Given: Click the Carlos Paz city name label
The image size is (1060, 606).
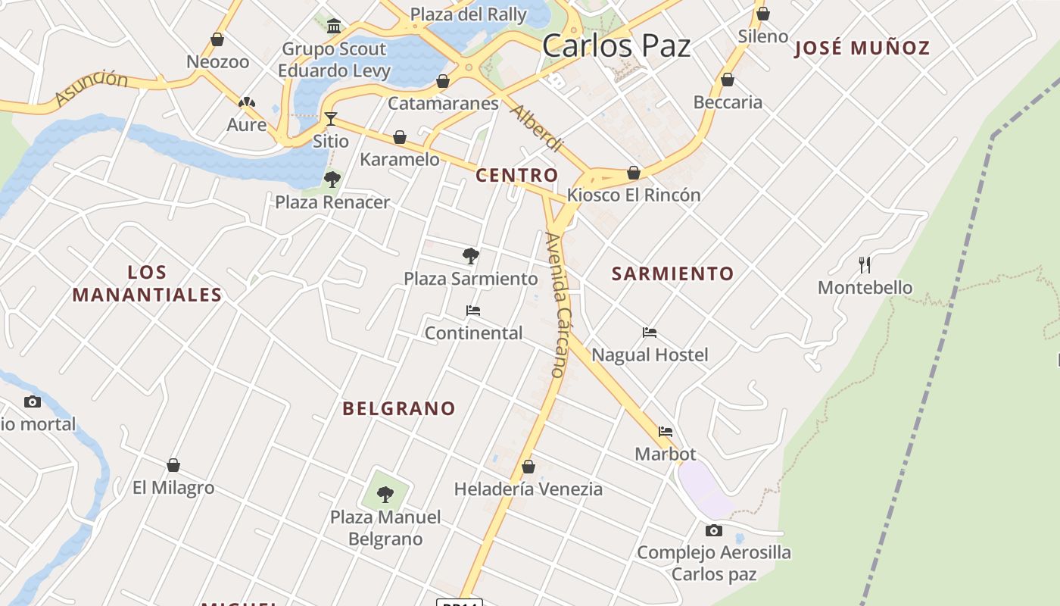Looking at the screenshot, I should [x=616, y=45].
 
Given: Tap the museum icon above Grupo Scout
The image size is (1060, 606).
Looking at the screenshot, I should [x=334, y=27].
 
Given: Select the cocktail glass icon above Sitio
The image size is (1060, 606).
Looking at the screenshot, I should [x=331, y=118].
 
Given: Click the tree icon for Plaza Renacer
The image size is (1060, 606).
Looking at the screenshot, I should [x=332, y=180].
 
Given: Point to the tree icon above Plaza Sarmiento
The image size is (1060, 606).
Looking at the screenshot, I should [x=471, y=256].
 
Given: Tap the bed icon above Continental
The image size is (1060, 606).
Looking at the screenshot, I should [x=473, y=311].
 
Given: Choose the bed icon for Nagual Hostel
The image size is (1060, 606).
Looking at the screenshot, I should [x=650, y=333].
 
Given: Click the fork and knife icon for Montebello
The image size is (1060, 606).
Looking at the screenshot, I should [x=865, y=264].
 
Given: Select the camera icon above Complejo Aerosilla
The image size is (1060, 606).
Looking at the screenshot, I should [x=714, y=530].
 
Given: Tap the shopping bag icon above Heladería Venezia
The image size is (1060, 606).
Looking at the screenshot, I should [x=528, y=467].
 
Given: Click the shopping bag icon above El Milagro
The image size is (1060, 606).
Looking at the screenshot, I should [x=173, y=465].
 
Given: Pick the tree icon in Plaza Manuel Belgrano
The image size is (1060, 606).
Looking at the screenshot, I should [x=385, y=495].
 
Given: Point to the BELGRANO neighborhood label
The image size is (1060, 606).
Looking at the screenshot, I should [x=399, y=408].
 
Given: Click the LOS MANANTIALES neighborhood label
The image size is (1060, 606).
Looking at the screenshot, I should [x=147, y=283].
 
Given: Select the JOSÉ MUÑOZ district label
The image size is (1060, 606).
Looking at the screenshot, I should [x=862, y=48].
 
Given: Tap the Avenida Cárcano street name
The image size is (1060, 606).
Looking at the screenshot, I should [x=556, y=305].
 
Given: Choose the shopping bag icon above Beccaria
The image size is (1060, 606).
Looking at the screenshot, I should [x=728, y=80].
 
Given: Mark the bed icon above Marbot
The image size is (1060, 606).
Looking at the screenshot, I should [x=666, y=432].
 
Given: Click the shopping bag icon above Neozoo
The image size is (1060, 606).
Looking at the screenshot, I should [x=217, y=39].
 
